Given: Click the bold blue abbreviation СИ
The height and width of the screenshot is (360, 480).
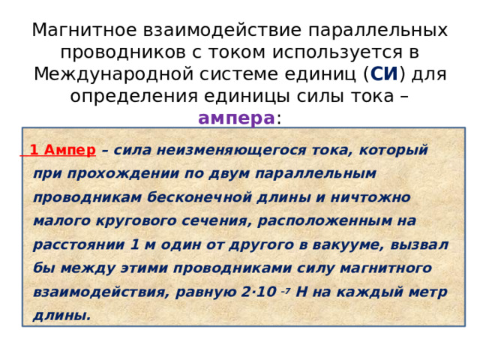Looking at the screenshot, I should coord(384,74).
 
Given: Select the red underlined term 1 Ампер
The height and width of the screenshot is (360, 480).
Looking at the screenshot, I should coord(62,150).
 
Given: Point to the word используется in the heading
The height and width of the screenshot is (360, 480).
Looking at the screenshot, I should coord(335,52).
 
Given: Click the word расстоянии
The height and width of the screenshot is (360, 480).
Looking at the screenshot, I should coord(78,244).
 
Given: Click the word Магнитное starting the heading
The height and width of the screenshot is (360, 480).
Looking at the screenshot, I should coord(83,31).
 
